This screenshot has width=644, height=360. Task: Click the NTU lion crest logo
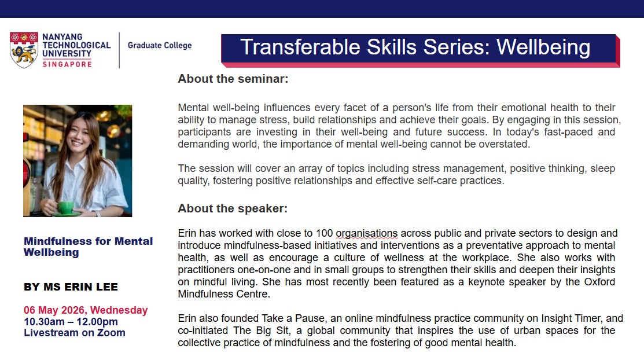24,50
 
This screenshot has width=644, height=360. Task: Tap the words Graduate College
160,45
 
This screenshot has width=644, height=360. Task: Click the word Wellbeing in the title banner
543,47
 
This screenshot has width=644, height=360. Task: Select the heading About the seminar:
233,79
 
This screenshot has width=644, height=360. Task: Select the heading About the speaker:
233,208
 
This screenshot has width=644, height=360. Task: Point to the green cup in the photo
65,207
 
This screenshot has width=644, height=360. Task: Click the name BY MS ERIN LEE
71,287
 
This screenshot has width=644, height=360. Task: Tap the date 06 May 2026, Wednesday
86,310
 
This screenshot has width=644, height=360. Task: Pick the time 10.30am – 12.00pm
71,321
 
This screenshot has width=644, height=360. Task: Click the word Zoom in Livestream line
111,332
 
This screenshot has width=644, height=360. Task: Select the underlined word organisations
367,233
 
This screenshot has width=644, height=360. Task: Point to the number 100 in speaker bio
324,233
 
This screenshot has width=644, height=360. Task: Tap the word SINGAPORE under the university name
67,64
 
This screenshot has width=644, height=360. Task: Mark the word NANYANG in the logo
62,37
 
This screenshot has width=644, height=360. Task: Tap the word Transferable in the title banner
301,47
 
